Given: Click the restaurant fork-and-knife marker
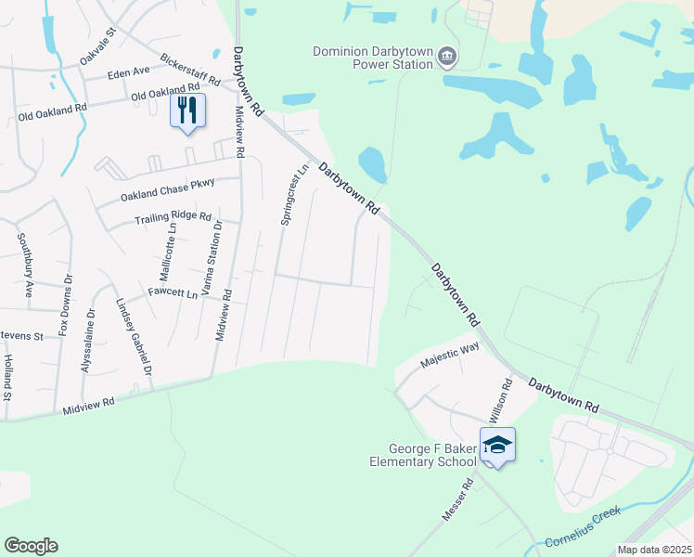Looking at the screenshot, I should pos(188,111).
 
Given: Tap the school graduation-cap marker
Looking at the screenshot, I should pos(497,446).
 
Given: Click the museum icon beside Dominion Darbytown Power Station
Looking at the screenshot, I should pos(447,58).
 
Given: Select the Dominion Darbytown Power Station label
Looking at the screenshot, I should pos(373,58).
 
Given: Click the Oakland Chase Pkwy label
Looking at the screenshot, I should pos(168,190).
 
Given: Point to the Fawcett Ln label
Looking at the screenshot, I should pos(173,293).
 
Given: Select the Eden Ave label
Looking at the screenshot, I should pos(128,72).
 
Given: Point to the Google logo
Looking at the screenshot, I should pos(31,546).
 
